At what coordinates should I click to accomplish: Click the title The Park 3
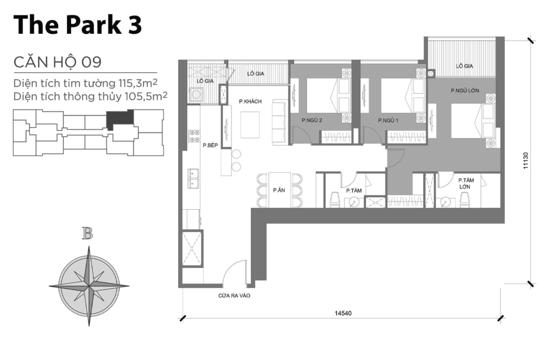[x=78, y=25]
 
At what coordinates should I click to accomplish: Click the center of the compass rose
[x=89, y=285]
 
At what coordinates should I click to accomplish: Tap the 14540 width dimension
[x=343, y=313]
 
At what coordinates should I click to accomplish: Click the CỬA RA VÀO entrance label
[x=234, y=296]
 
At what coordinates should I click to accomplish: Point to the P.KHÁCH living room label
[x=250, y=101]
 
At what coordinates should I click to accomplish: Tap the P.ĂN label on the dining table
[x=279, y=190]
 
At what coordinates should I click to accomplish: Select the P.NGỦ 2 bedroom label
[x=312, y=121]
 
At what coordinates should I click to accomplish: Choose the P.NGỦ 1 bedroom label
[x=388, y=121]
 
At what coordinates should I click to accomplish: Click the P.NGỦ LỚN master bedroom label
[x=465, y=91]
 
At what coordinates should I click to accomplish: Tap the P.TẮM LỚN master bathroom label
[x=465, y=183]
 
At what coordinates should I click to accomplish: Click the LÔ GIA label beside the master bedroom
[x=464, y=66]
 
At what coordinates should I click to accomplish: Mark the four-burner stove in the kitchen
[x=194, y=136]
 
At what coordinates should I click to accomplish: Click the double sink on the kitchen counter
[x=193, y=178]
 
